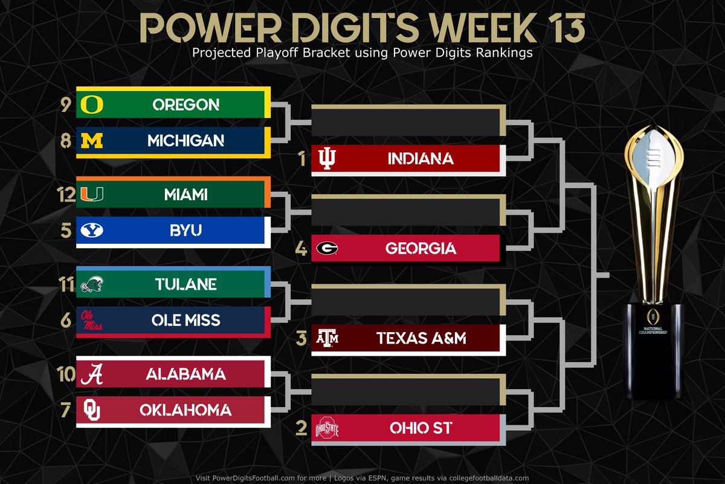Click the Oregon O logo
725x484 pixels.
[92, 105]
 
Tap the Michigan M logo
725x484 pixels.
[92, 141]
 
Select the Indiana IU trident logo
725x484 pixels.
[327, 159]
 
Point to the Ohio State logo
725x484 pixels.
[327, 429]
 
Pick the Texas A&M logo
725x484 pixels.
[327, 338]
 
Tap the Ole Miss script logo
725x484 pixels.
[92, 321]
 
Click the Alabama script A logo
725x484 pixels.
[92, 374]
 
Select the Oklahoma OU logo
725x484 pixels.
[92, 411]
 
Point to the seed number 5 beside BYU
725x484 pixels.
[66, 231]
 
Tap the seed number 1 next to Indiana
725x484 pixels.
[301, 159]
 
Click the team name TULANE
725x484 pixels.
[185, 284]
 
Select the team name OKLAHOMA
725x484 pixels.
[185, 411]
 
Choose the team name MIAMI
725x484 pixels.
[185, 195]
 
